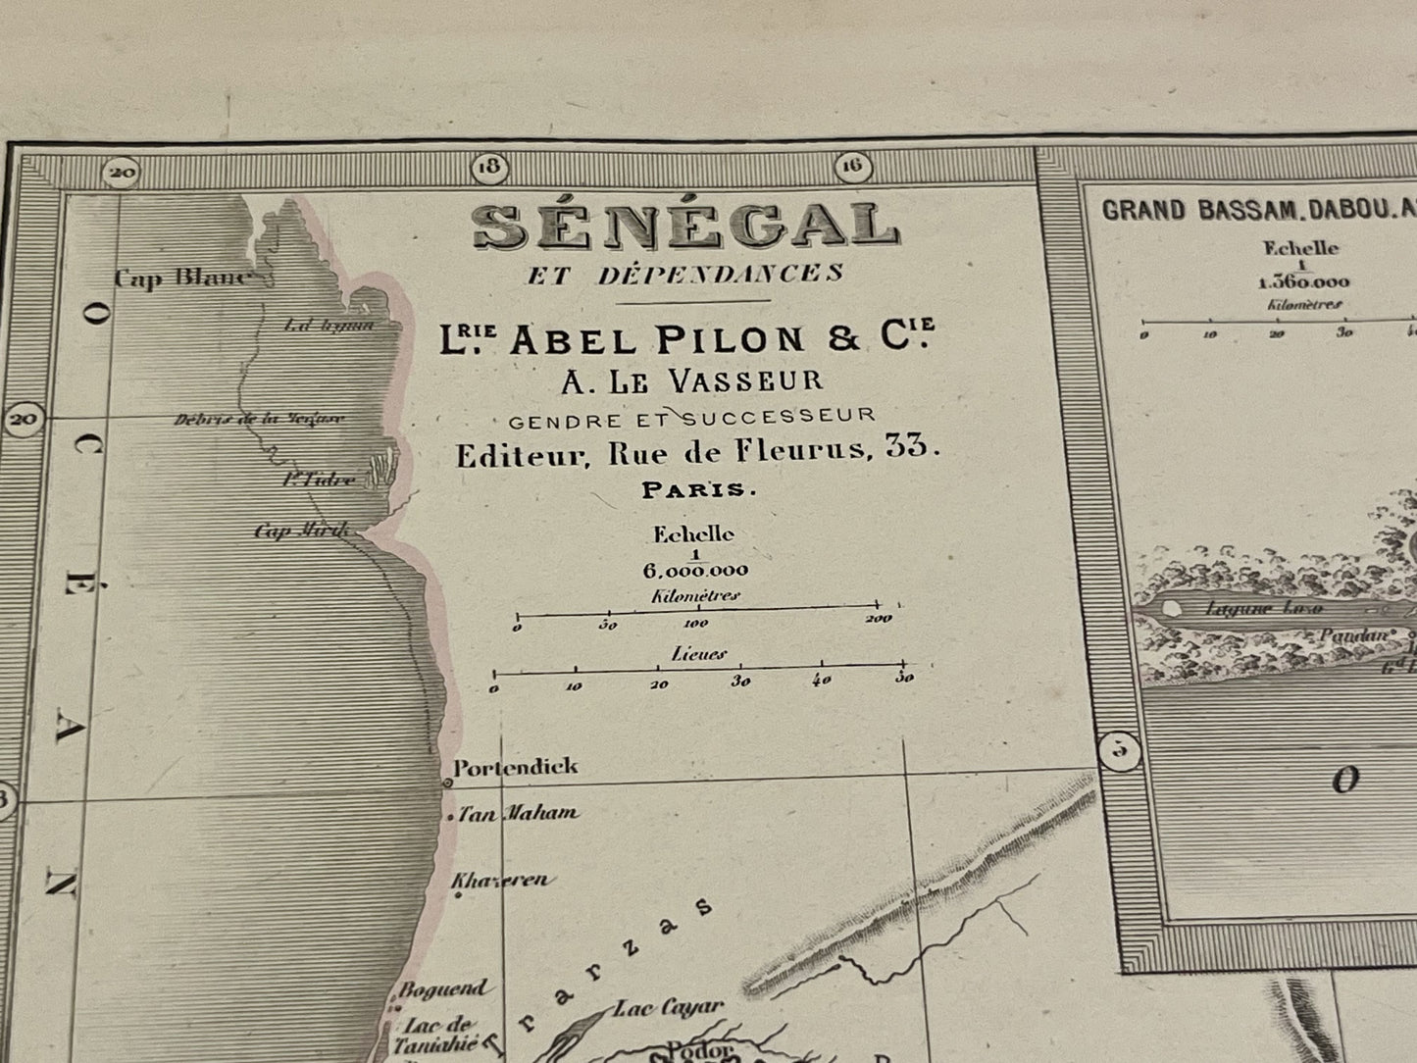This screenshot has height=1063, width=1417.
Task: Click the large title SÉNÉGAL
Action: tap(684, 227)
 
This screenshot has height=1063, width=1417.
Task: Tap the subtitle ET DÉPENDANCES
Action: tap(684, 275)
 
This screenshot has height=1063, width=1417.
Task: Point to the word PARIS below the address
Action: tap(698, 490)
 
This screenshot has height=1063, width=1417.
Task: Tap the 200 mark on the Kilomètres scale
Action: tap(879, 620)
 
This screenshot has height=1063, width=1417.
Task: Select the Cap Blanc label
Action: tap(182, 278)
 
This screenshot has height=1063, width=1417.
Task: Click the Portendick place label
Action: tap(515, 767)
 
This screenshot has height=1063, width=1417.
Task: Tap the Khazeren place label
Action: tap(500, 880)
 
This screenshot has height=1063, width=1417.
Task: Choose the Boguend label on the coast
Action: tap(441, 989)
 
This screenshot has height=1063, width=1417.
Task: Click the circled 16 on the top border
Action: tap(851, 167)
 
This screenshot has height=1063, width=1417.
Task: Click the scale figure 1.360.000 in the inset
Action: tap(1302, 282)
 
